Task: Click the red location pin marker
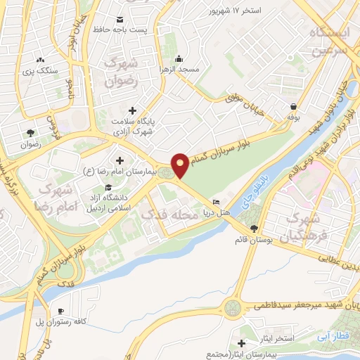(x=180, y=166)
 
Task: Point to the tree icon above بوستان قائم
(x=254, y=228)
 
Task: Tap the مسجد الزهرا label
(x=181, y=70)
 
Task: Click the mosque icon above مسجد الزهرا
(x=179, y=58)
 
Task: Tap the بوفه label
(x=292, y=118)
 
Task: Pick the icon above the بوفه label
(x=292, y=106)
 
